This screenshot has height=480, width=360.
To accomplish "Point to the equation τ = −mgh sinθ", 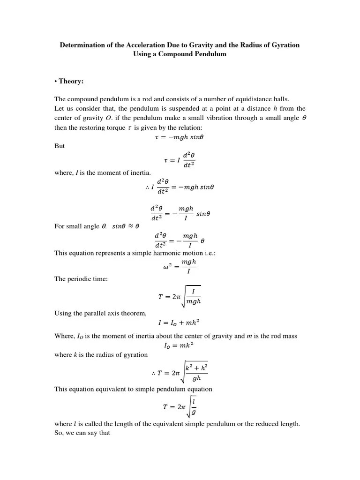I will [180, 137].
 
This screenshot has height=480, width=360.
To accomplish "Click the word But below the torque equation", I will [60, 146].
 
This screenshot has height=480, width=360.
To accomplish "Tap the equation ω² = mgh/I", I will [180, 267].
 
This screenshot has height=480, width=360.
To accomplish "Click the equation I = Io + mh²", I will [180, 322].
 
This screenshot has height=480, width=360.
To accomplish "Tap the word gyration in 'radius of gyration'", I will [135, 354].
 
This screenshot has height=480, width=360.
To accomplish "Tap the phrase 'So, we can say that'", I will [82, 433].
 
